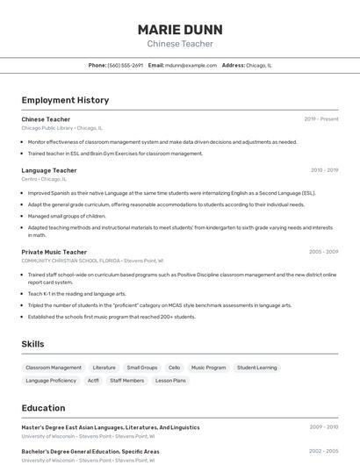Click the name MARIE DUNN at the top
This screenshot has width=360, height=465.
(x=180, y=29)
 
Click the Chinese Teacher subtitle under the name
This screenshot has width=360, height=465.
(x=180, y=44)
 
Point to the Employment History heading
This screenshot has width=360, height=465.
(x=65, y=100)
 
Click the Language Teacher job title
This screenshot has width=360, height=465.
(x=49, y=170)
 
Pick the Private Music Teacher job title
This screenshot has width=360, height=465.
(x=54, y=252)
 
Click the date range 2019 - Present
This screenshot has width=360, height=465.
(x=321, y=119)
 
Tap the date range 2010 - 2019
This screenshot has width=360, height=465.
(x=324, y=170)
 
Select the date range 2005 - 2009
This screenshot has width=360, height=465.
(x=323, y=252)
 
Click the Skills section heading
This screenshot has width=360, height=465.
(x=32, y=344)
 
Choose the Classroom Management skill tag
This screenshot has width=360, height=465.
(x=54, y=368)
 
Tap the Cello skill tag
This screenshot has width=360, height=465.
(x=174, y=368)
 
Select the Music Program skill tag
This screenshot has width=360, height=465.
(x=209, y=368)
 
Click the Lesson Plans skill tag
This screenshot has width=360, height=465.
(x=171, y=381)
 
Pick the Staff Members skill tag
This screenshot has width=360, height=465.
(x=127, y=381)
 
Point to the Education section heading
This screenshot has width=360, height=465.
(x=43, y=408)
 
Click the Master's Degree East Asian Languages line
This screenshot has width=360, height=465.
(x=111, y=427)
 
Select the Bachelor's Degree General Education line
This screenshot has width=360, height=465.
(x=90, y=451)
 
